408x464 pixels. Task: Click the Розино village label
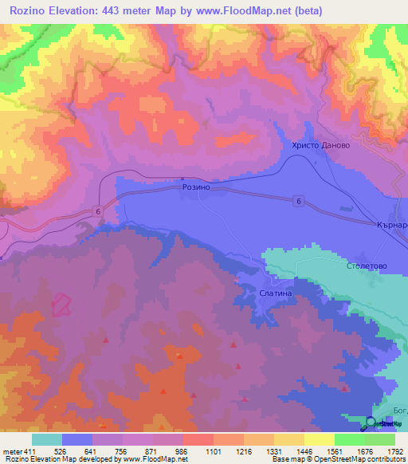pyautogui.click(x=195, y=187)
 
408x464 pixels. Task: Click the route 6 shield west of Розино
pyautogui.click(x=96, y=210)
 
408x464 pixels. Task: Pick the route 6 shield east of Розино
pyautogui.click(x=298, y=203)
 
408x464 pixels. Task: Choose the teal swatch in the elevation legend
pyautogui.click(x=47, y=439)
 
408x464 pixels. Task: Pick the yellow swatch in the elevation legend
pyautogui.click(x=319, y=439)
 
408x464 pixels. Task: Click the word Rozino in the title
pyautogui.click(x=26, y=10)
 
